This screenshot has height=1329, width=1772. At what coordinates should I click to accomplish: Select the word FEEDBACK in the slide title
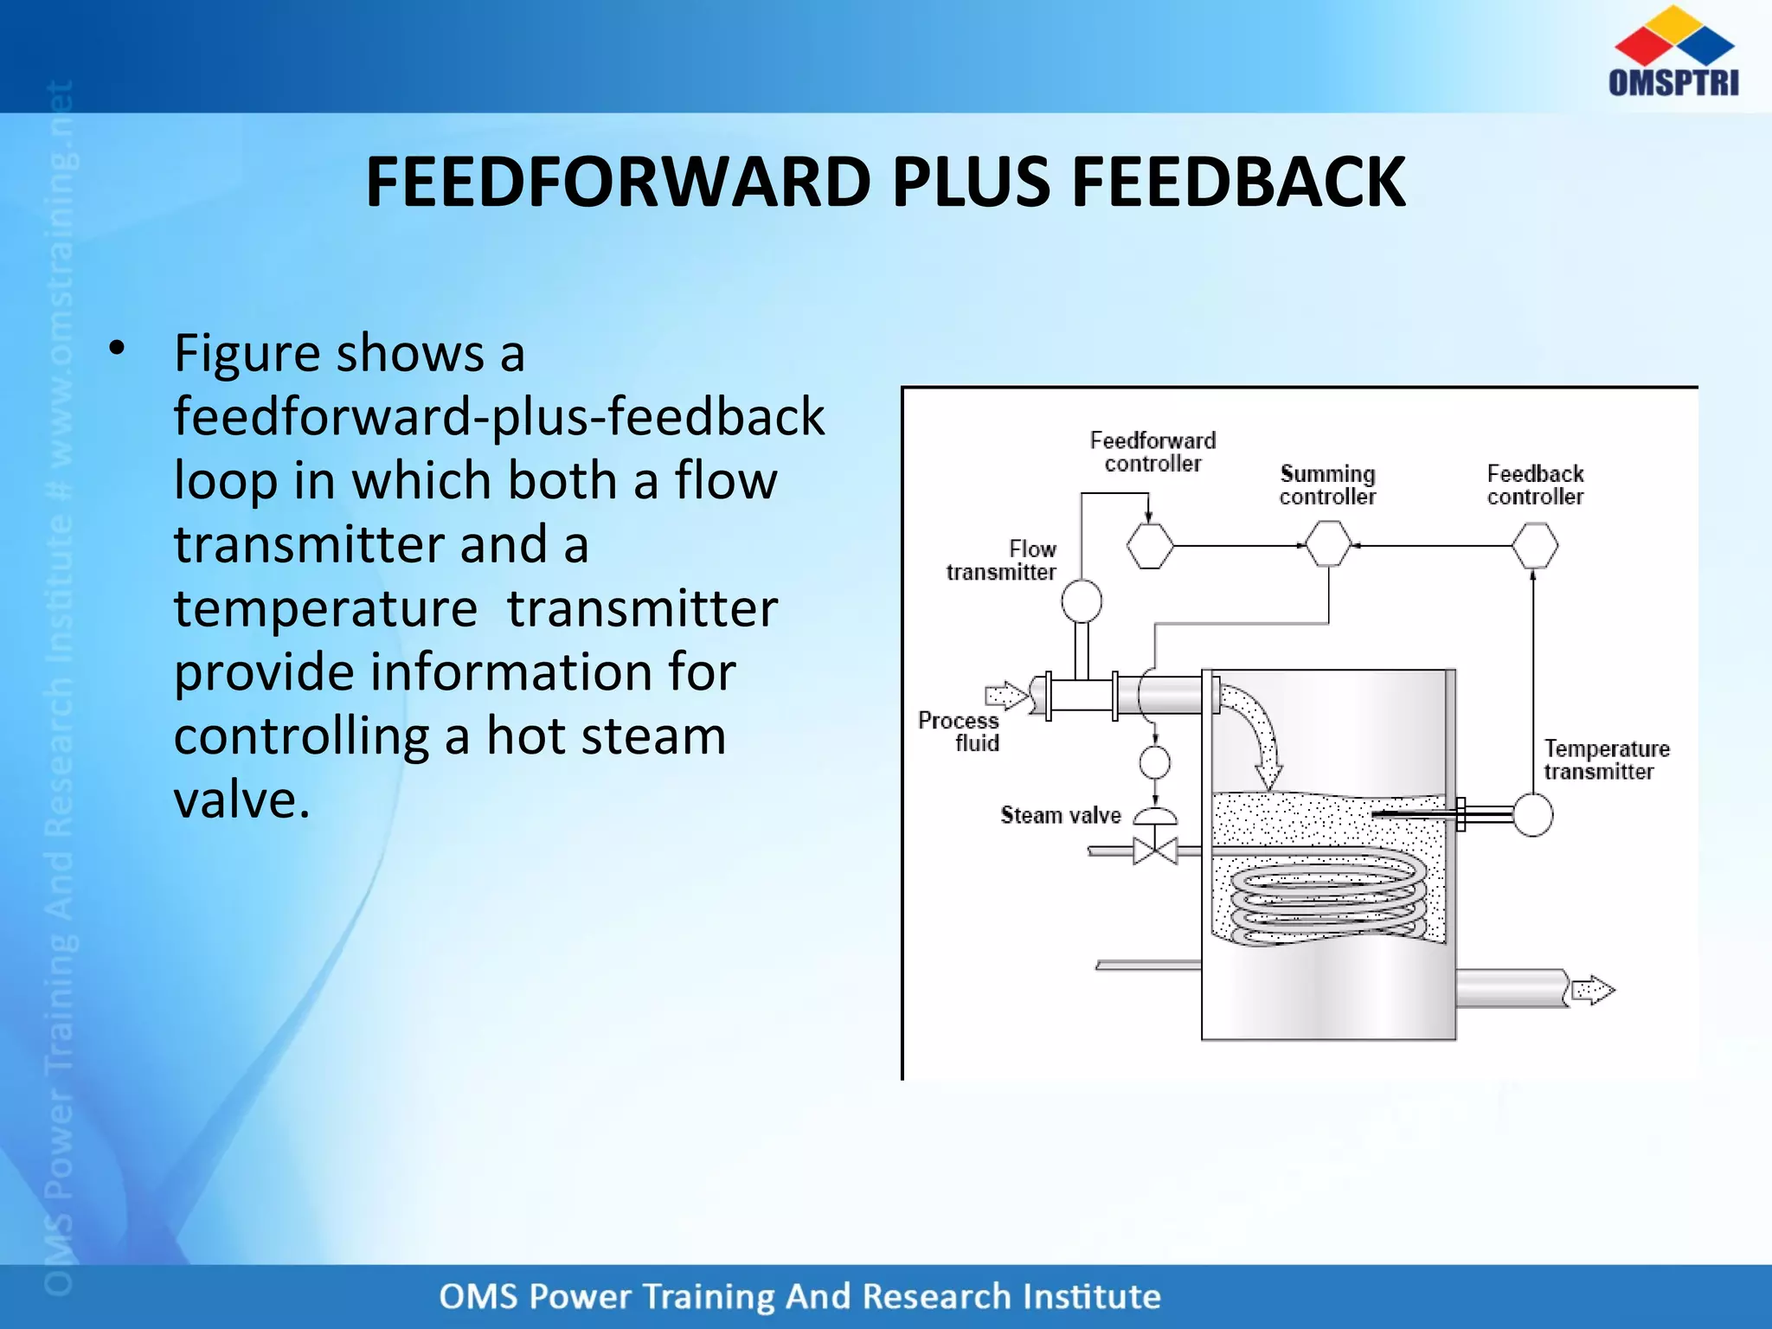click(x=1238, y=183)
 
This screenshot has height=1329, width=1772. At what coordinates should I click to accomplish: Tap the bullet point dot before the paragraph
click(x=118, y=349)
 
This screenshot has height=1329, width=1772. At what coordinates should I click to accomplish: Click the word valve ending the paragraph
click(x=241, y=799)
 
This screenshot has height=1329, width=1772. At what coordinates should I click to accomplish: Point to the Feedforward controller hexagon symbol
click(x=1150, y=546)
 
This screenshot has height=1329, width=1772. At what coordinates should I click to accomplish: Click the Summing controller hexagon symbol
click(x=1327, y=544)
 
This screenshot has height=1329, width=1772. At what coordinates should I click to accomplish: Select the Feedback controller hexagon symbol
click(x=1534, y=546)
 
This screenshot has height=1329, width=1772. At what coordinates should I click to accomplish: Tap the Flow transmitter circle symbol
click(x=1081, y=600)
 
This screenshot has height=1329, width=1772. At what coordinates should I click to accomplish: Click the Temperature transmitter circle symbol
click(x=1532, y=815)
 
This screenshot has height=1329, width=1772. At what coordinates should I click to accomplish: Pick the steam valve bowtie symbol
click(x=1155, y=851)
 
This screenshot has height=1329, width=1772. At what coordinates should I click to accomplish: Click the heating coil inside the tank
click(x=1327, y=896)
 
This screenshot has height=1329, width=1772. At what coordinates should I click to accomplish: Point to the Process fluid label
click(x=960, y=732)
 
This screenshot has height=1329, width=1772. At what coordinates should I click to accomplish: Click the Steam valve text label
click(x=1060, y=815)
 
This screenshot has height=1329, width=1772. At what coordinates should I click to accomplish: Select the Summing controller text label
click(x=1327, y=485)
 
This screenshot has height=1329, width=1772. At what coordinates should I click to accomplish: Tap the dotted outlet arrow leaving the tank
click(x=1592, y=990)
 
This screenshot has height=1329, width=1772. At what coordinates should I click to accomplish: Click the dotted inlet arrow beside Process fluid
click(x=1006, y=695)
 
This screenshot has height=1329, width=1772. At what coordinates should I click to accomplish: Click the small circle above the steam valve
click(x=1154, y=762)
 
